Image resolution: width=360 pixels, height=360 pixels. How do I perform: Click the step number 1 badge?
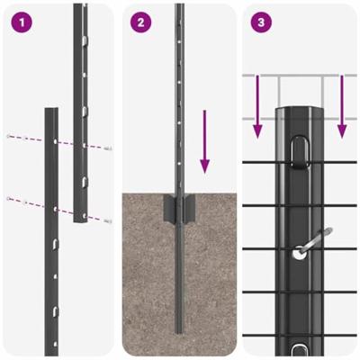pyautogui.click(x=19, y=22)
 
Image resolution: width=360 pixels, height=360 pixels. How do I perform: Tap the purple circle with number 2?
pyautogui.click(x=139, y=22)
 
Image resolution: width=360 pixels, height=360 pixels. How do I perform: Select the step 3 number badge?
pyautogui.click(x=260, y=22)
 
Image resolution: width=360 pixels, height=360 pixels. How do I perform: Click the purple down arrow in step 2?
pyautogui.click(x=205, y=142)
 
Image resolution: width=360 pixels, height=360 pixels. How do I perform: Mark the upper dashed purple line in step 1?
pyautogui.click(x=54, y=141)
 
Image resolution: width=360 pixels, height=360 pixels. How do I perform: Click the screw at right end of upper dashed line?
pyautogui.click(x=107, y=149)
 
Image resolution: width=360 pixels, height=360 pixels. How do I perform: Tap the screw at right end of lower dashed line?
pyautogui.click(x=107, y=220)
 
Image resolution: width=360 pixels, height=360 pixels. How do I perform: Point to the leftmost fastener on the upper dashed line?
pyautogui.click(x=8, y=136)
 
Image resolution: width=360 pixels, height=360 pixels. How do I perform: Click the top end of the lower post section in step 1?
pyautogui.click(x=50, y=112)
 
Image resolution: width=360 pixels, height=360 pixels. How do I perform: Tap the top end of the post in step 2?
pyautogui.click(x=179, y=7)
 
